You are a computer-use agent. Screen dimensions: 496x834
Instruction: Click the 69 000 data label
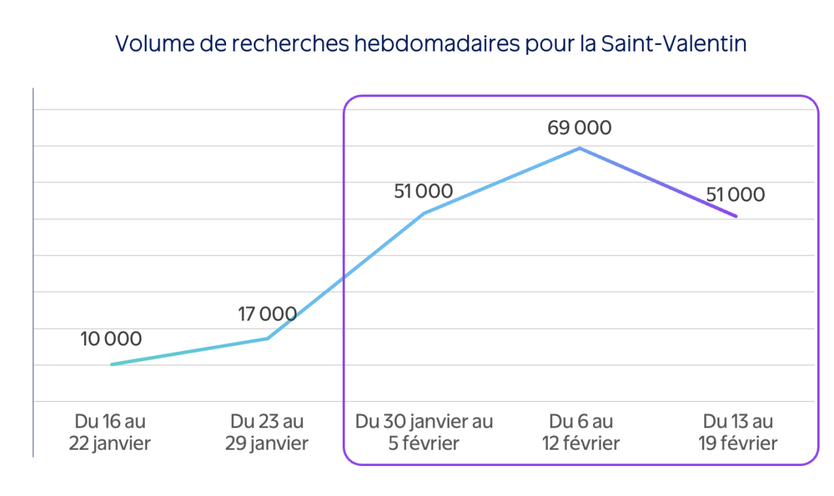point(579,128)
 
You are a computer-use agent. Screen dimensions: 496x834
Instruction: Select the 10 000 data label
point(111,339)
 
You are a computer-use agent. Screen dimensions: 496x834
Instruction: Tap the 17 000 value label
point(267,314)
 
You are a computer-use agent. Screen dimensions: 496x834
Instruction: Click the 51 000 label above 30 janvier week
point(424,192)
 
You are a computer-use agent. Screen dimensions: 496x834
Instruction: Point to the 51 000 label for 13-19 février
point(735,194)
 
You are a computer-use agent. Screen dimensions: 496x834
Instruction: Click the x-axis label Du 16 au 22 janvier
point(110,433)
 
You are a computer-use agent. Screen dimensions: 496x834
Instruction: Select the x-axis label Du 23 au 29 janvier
point(267,433)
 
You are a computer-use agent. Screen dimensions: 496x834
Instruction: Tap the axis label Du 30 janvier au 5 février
point(424,433)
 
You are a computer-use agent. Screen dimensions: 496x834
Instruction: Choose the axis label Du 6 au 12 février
point(581,433)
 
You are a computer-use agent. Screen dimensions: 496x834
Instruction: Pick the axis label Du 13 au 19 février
point(738,433)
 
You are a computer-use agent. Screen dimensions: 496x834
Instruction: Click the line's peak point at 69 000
point(580,149)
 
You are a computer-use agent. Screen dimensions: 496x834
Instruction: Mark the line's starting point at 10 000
point(112,364)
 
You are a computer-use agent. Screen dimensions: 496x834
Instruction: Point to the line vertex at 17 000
point(268,338)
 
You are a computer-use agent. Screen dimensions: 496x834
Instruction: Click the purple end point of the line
point(736,216)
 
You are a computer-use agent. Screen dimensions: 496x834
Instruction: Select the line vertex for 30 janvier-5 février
point(424,213)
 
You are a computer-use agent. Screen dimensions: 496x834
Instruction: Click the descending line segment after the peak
point(658,182)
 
